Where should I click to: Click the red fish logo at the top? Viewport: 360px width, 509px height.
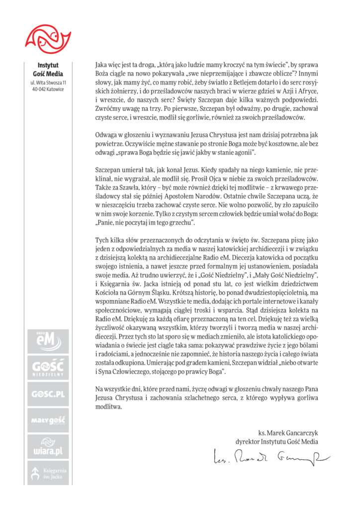[x=48, y=37]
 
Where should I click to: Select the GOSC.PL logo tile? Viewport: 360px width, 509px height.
[x=48, y=395]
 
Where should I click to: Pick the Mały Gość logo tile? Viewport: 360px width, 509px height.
[x=48, y=421]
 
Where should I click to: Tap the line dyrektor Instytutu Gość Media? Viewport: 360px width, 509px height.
[x=277, y=441]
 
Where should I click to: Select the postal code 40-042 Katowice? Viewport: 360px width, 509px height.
[x=48, y=89]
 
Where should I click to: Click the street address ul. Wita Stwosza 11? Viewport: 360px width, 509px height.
[x=48, y=82]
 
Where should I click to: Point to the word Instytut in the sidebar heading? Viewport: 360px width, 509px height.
[x=48, y=65]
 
